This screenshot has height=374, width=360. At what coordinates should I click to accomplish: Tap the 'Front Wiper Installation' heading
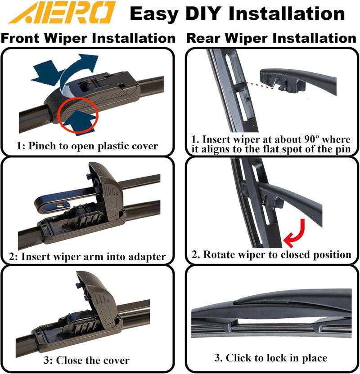click(x=88, y=38)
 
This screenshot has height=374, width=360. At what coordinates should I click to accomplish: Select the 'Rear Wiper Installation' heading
click(x=271, y=38)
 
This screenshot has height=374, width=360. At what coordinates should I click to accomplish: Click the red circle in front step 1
click(x=77, y=116)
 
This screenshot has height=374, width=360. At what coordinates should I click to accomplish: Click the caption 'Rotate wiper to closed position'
click(x=271, y=254)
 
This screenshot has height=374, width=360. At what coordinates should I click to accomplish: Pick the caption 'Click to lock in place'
click(x=271, y=358)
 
